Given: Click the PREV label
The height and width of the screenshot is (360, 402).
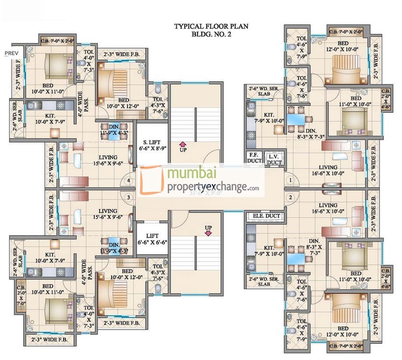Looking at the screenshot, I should coord(11,53).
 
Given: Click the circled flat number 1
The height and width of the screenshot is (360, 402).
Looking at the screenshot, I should coord(290,180).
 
